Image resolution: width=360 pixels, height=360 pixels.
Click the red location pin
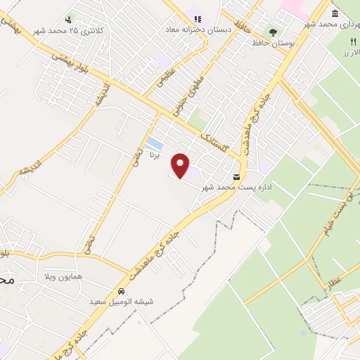[x=181, y=166]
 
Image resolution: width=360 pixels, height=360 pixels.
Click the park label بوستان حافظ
[x=274, y=44]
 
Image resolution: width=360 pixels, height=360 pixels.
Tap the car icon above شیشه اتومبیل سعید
[x=122, y=290]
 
